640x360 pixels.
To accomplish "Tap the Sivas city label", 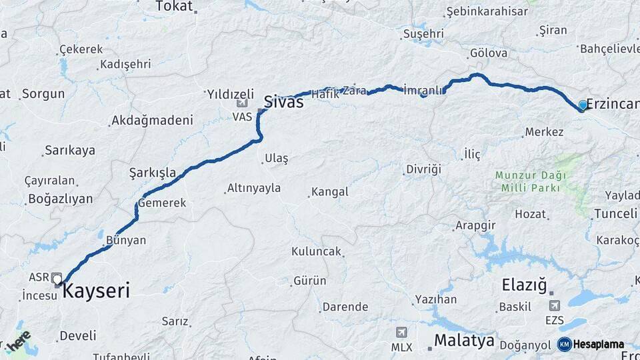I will (x=283, y=102).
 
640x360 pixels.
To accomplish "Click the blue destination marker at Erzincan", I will (x=583, y=105).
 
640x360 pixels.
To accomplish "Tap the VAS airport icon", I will (x=242, y=104).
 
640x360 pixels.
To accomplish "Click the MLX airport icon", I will (x=401, y=333).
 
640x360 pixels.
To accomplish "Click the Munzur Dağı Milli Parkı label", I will (x=531, y=181).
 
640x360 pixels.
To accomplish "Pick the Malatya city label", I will (x=464, y=341).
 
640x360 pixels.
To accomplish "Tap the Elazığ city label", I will (x=524, y=286).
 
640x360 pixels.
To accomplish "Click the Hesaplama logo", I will (x=591, y=344).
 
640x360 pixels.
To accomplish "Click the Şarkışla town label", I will (x=153, y=173).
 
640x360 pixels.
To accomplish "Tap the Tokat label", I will (x=173, y=7).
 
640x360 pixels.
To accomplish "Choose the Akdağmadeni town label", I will (x=152, y=121).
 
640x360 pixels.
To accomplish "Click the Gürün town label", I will (x=310, y=281).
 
